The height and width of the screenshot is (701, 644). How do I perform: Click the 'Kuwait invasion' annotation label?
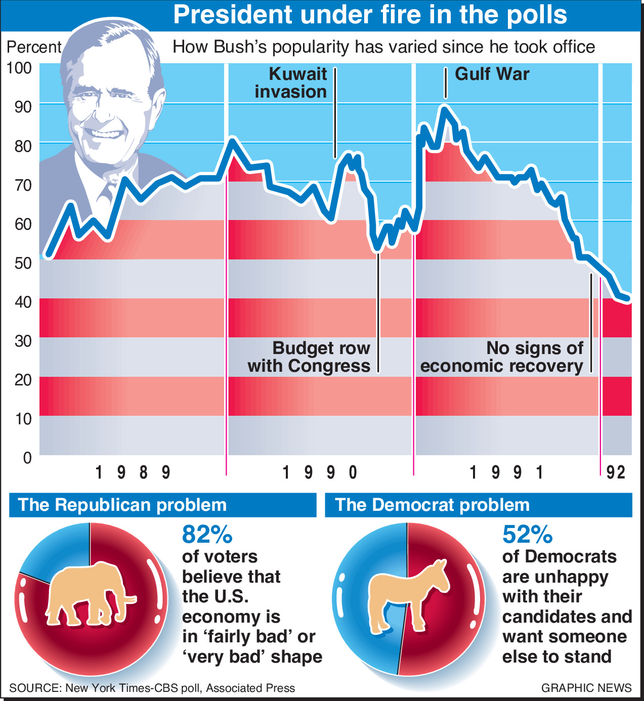tap(291, 83)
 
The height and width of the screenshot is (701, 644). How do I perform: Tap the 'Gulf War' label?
tap(492, 74)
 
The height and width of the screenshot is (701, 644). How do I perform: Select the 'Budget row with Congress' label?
tap(309, 357)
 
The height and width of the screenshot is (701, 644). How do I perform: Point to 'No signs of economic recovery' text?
tap(501, 357)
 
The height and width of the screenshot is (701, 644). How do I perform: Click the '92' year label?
tap(616, 472)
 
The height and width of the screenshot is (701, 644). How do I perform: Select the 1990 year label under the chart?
tap(320, 472)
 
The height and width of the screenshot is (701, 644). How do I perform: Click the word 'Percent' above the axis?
tap(33, 47)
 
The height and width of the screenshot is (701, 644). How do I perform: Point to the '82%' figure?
tap(207, 534)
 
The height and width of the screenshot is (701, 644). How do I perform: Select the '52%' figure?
tap(527, 534)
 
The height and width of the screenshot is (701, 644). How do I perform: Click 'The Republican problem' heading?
tap(122, 505)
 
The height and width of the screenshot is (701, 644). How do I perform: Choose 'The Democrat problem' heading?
tap(432, 505)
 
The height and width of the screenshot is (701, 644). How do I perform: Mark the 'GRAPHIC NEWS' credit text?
tap(586, 688)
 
